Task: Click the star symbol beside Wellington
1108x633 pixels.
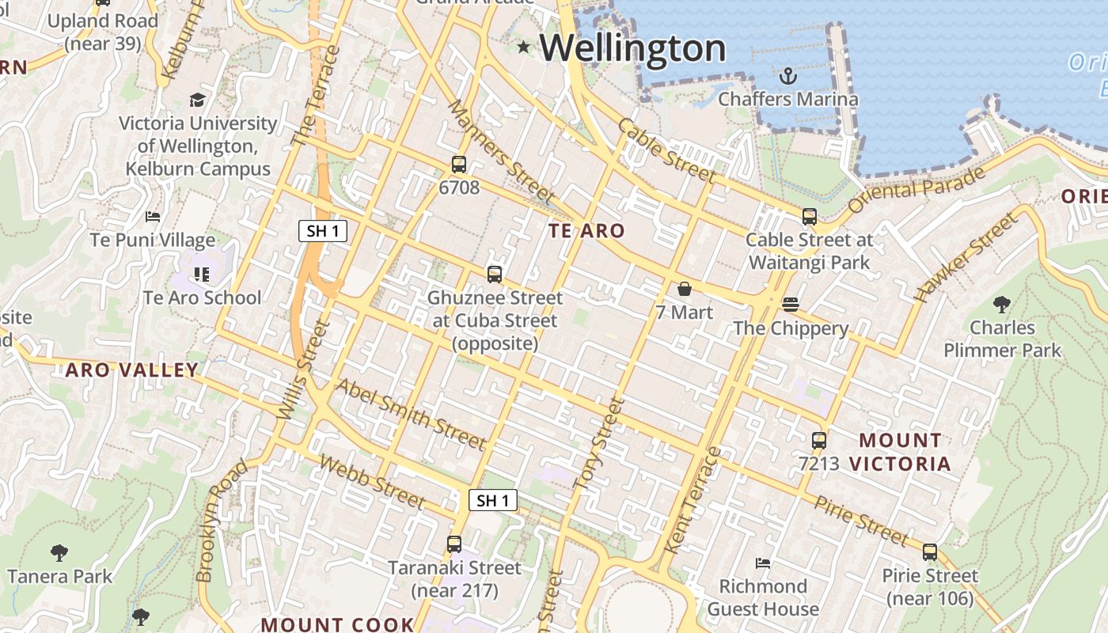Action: [523, 47]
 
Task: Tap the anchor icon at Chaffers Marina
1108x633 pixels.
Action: [787, 76]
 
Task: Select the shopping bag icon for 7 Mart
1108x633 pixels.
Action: [685, 289]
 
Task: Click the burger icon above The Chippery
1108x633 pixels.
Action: [790, 304]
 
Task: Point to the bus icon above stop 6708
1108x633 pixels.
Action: [459, 165]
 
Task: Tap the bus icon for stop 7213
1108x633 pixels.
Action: [819, 440]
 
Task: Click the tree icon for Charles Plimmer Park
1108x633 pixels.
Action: [1002, 304]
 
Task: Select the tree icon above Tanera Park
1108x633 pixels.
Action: [59, 552]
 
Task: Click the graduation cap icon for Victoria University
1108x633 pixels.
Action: [197, 100]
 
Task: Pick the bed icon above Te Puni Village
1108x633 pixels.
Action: [153, 217]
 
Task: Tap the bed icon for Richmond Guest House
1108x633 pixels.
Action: [763, 563]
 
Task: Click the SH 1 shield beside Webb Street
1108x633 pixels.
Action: [493, 500]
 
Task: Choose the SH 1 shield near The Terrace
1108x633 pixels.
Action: [323, 231]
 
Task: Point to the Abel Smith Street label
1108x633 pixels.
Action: [410, 413]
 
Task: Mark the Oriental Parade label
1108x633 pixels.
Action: [916, 190]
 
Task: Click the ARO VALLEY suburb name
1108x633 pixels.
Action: [131, 370]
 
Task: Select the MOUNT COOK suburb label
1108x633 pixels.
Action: [337, 624]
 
